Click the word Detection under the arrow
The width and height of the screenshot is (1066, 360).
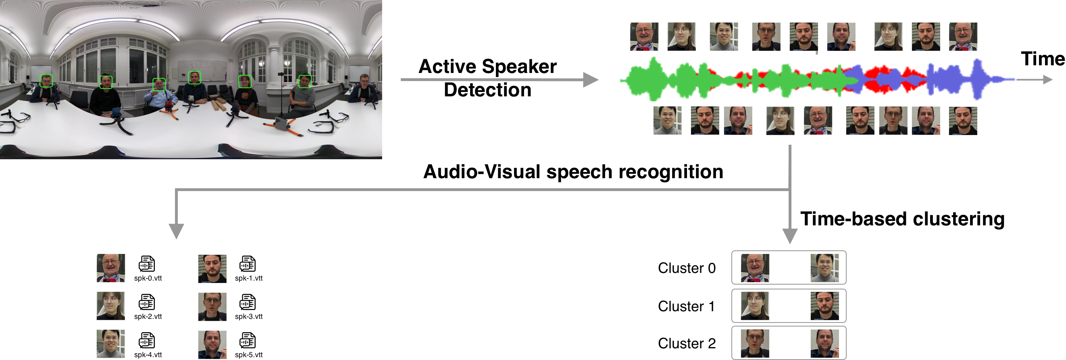click(487, 90)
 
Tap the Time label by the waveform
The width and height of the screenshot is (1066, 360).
click(1042, 59)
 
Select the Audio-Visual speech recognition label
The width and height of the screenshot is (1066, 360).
click(573, 172)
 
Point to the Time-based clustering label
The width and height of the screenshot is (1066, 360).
click(902, 219)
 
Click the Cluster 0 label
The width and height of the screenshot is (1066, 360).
click(687, 268)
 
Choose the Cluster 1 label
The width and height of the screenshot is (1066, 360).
click(686, 306)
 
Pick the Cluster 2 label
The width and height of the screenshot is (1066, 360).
click(687, 343)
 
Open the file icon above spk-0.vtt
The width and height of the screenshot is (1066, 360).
click(147, 264)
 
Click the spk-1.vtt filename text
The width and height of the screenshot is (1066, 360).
click(249, 279)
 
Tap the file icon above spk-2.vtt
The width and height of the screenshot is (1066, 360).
click(147, 302)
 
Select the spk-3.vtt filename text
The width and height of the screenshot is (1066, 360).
click(249, 316)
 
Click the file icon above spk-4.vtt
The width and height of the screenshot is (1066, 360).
click(147, 341)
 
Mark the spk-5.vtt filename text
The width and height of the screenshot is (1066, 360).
click(249, 355)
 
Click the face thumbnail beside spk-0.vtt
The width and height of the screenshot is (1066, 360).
click(110, 268)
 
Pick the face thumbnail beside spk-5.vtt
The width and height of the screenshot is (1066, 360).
click(212, 345)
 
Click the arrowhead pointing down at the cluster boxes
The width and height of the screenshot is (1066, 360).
click(789, 236)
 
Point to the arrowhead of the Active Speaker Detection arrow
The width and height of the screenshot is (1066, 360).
click(591, 79)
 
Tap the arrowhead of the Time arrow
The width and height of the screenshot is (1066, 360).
click(1048, 79)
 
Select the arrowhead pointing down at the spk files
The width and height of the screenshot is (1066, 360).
click(176, 231)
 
